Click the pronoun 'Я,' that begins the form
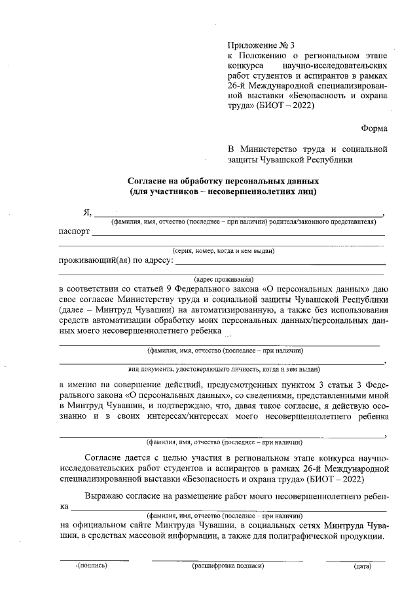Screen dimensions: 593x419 (87, 212)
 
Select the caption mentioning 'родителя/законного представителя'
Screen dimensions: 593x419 (243, 222)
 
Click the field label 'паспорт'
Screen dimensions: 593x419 (74, 232)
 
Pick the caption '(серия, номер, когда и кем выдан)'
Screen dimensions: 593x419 (223, 250)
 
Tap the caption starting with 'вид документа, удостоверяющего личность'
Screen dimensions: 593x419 (223, 369)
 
